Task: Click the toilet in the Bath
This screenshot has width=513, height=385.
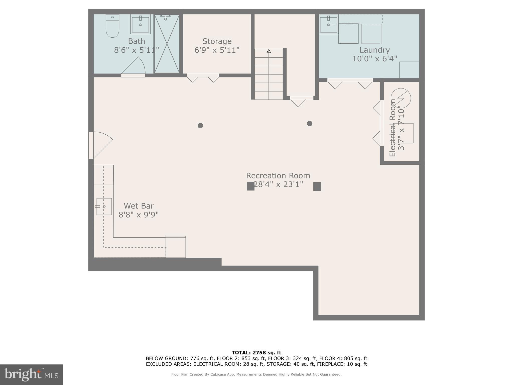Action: click(x=112, y=26)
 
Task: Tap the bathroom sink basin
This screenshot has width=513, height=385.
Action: click(x=140, y=25)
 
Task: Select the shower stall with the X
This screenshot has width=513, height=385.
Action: click(x=167, y=44)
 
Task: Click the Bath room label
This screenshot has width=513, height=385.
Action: click(x=137, y=41)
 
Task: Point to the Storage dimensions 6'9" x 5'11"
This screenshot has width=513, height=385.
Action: click(x=217, y=50)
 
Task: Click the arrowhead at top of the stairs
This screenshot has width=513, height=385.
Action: click(x=269, y=51)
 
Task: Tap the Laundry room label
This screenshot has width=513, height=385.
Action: click(x=374, y=50)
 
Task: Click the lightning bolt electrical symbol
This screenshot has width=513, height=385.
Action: click(x=401, y=98)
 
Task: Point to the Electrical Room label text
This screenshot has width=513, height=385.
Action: click(x=393, y=128)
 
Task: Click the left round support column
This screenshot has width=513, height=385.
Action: click(x=200, y=126)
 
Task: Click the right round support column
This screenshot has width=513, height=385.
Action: click(x=310, y=123)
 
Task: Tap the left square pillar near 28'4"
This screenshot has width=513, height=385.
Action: click(x=250, y=186)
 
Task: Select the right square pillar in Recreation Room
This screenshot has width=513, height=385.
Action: click(x=317, y=186)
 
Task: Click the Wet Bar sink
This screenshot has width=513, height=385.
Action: click(x=104, y=207)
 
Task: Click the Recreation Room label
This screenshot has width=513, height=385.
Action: click(x=278, y=175)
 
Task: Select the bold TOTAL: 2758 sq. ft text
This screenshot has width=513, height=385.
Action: click(x=256, y=353)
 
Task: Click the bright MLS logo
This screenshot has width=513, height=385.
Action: click(x=31, y=374)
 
